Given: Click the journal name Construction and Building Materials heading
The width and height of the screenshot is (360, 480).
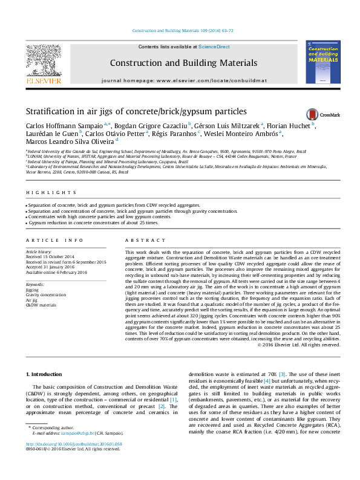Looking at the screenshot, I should (x=183, y=63).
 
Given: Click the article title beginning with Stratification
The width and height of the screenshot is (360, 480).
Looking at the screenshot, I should (x=136, y=111).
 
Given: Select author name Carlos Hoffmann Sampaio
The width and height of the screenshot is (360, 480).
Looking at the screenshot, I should (x=63, y=126).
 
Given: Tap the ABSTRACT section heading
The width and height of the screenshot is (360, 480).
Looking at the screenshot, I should (x=139, y=240).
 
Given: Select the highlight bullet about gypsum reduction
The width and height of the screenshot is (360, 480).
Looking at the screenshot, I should (x=94, y=222).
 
